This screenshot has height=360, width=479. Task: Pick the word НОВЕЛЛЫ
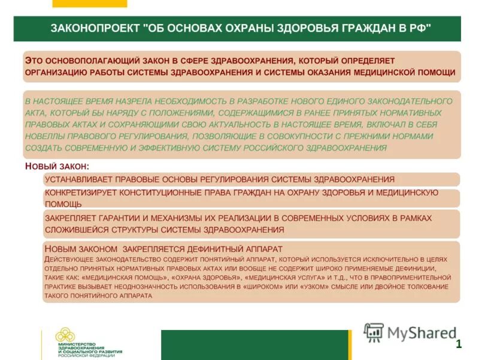[x=47, y=136]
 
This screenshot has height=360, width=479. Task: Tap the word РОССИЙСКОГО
[x=286, y=148]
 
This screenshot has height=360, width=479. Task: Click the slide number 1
[x=458, y=344]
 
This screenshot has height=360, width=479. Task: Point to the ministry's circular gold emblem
[x=65, y=336]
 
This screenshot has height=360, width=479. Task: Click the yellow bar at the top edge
[x=89, y=4]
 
